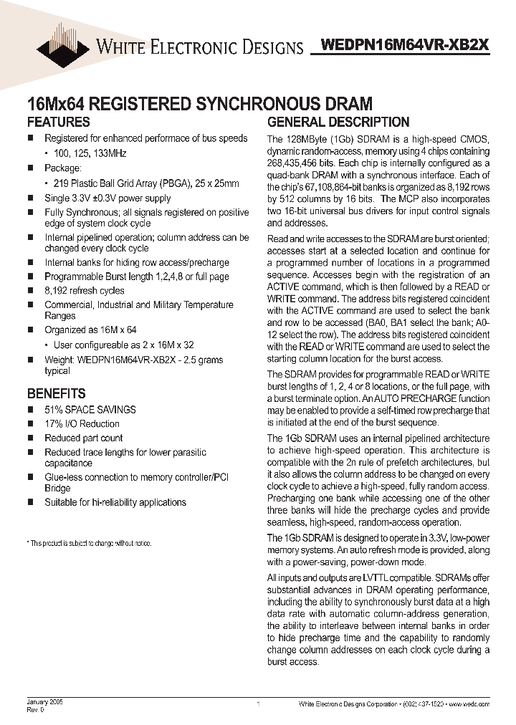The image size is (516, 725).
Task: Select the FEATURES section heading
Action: click(x=58, y=122)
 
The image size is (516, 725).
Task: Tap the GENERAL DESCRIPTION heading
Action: click(x=338, y=122)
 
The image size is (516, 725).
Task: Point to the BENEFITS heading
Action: click(x=56, y=393)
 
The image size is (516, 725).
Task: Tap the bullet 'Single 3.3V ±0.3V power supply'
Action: click(x=107, y=198)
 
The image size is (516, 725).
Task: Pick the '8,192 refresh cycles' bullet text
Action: click(x=85, y=290)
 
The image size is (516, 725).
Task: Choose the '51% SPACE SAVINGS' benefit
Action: click(x=90, y=409)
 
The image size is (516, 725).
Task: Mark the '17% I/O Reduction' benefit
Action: click(x=82, y=423)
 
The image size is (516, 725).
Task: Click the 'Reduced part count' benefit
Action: click(x=84, y=438)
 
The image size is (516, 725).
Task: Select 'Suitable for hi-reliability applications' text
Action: click(x=115, y=502)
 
